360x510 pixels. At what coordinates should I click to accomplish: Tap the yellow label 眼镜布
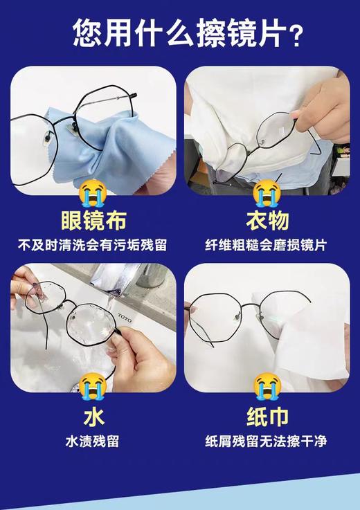pos(93,221)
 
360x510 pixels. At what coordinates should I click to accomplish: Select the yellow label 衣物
pos(267,221)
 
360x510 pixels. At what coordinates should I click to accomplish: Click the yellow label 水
pos(93,417)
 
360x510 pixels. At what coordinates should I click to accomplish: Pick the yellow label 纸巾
pos(267,417)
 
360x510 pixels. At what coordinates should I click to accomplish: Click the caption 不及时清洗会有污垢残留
pos(93,245)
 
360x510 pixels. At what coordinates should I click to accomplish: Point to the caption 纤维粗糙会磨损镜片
pos(267,245)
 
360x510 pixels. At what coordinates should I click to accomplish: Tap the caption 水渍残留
pos(93,441)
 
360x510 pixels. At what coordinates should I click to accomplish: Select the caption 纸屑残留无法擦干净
pos(267,441)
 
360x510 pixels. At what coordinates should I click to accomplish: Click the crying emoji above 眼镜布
pos(93,191)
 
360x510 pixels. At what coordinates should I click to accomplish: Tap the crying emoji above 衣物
pos(267,191)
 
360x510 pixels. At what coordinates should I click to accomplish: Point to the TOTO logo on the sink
pos(124,319)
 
